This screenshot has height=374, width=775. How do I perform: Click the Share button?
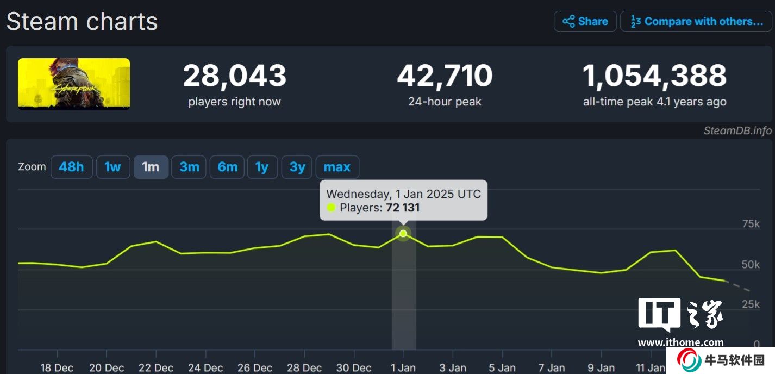585,22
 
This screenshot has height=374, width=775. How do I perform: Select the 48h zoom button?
71,167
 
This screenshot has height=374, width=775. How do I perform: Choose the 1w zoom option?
112,167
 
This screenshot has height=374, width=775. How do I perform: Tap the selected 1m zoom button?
151,167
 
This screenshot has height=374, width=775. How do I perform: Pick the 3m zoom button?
189,167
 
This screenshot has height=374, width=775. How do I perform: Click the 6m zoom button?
227,167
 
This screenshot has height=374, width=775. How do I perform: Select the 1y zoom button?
262,167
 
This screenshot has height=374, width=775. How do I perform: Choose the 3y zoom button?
297,167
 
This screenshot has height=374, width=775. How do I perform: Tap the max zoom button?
337,167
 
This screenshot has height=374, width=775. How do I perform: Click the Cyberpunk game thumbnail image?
74,84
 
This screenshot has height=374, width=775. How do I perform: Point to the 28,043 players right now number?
234,76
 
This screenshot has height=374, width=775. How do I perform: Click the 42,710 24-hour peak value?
445,76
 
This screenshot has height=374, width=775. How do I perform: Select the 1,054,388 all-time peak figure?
654,76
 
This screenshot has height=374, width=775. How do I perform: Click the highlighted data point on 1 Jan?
403,234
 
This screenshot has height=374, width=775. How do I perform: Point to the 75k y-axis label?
751,224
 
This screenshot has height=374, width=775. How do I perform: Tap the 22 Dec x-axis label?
155,368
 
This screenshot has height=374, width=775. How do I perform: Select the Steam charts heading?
82,22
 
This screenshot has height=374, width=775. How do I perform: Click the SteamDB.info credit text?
737,130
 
